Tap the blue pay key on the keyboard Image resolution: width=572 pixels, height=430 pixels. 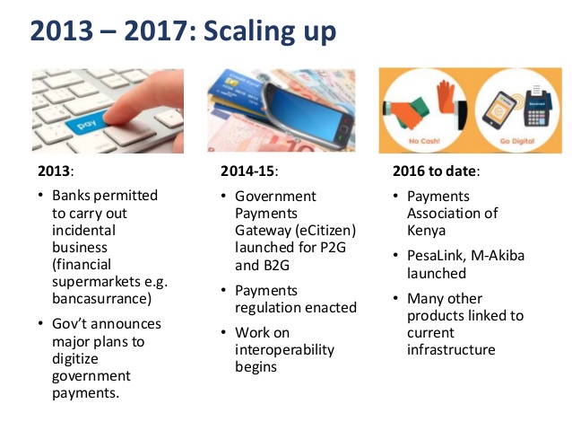point(86,124)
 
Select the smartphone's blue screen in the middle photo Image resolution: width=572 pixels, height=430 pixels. point(307,114)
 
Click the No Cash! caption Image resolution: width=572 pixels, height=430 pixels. point(424,141)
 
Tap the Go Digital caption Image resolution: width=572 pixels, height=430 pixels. point(517,141)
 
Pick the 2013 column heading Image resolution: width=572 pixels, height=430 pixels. point(53,171)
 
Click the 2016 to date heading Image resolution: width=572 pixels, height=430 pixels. point(434,171)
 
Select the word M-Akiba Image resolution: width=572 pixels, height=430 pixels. point(498,256)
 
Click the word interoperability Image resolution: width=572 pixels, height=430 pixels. point(284,350)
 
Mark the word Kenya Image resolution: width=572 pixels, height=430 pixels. point(426,232)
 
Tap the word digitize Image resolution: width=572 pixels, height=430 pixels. point(74,359)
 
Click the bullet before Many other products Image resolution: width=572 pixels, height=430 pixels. point(395,298)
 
